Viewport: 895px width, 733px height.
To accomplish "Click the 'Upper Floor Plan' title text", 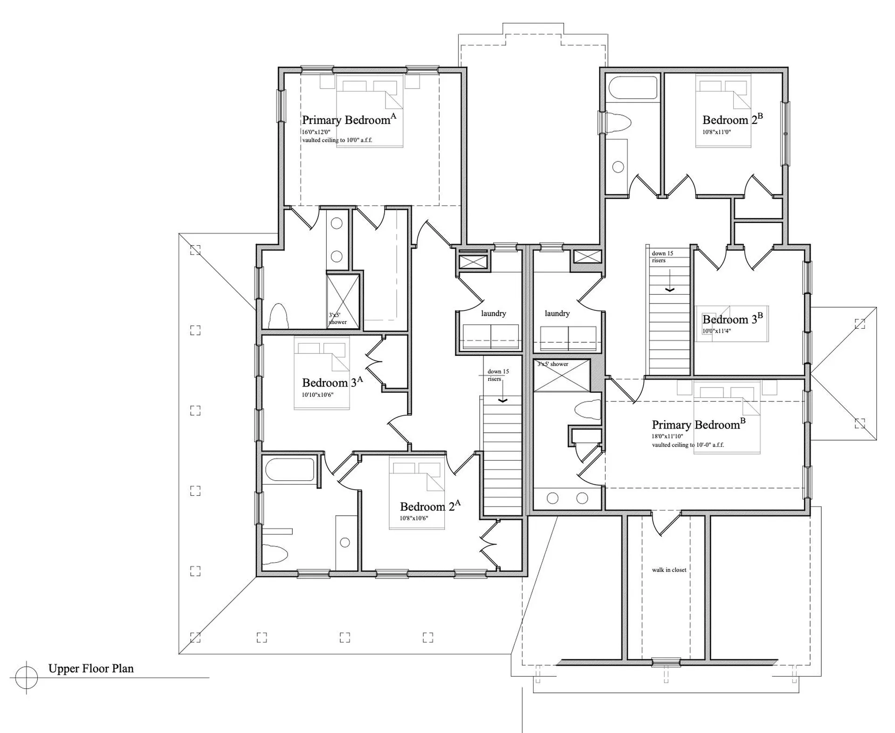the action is pyautogui.click(x=91, y=669).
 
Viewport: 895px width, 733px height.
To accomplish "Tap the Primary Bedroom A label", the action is pyautogui.click(x=349, y=119).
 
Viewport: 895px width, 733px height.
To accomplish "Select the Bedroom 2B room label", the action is pyautogui.click(x=733, y=119).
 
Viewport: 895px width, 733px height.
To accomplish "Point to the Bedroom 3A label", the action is pyautogui.click(x=332, y=382).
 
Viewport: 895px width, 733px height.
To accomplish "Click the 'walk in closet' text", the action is pyautogui.click(x=669, y=570).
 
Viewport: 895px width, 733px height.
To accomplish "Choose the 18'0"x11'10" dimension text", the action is pyautogui.click(x=667, y=436).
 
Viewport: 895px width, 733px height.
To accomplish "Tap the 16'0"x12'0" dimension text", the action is pyautogui.click(x=316, y=132).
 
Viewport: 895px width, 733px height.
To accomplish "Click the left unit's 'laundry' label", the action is pyautogui.click(x=494, y=313).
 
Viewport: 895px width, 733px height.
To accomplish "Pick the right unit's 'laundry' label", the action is pyautogui.click(x=557, y=313).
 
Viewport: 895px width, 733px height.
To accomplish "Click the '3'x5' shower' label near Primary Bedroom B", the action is pyautogui.click(x=553, y=364).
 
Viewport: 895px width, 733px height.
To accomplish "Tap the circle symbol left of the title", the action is pyautogui.click(x=26, y=677).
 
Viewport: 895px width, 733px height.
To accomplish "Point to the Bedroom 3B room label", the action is pyautogui.click(x=733, y=318).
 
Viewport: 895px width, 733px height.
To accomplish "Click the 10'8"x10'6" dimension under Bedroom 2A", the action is pyautogui.click(x=414, y=518).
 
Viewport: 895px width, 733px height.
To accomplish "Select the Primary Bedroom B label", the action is pyautogui.click(x=699, y=424).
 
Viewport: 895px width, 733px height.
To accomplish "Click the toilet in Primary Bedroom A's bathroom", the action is pyautogui.click(x=279, y=316).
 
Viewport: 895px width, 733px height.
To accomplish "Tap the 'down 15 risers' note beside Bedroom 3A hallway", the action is pyautogui.click(x=498, y=375).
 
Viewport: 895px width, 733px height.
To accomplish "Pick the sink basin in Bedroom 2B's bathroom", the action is pyautogui.click(x=618, y=167).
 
